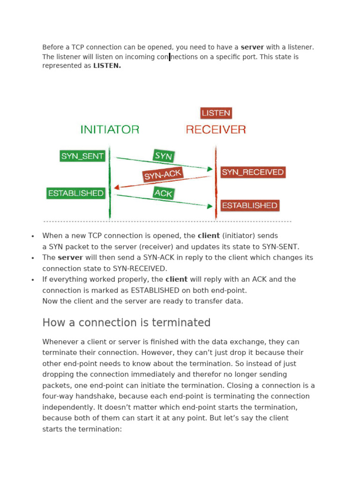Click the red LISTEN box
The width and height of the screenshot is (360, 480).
pos(216,113)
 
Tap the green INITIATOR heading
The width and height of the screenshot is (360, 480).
pos(110,129)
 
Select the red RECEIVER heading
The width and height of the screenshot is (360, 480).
pos(216,129)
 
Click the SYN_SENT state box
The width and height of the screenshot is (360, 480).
pos(82,156)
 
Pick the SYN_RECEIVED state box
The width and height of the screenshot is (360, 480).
pos(253,172)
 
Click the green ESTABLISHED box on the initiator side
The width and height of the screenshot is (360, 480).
pos(75,193)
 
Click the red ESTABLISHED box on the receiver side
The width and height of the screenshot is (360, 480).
pos(249,205)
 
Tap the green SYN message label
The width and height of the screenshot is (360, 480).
pos(164,156)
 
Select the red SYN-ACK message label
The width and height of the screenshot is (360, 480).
pos(162,175)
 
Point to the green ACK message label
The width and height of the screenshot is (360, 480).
pos(164,193)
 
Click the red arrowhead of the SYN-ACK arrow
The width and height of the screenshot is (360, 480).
pos(117,187)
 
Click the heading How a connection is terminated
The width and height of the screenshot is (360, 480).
pos(126,322)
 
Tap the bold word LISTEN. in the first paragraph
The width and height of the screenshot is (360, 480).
pos(107,66)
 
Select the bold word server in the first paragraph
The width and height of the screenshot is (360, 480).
pos(252,47)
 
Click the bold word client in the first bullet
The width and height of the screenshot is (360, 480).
pos(209,236)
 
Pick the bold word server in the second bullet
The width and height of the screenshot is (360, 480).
pos(70,257)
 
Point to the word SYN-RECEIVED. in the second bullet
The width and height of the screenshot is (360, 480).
pos(140,269)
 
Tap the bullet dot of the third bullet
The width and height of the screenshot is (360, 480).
pos(32,280)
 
